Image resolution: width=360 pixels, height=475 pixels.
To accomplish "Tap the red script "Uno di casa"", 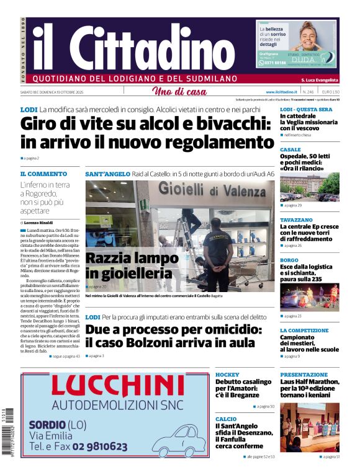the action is tap(179, 92).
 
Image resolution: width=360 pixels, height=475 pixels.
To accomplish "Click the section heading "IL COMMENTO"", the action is tap(43, 174).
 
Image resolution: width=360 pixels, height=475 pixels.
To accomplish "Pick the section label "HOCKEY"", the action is tap(227, 375).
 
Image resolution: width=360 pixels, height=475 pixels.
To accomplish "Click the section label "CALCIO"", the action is tap(226, 419).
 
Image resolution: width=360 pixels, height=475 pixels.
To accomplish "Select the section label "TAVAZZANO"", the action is tap(297, 220).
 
